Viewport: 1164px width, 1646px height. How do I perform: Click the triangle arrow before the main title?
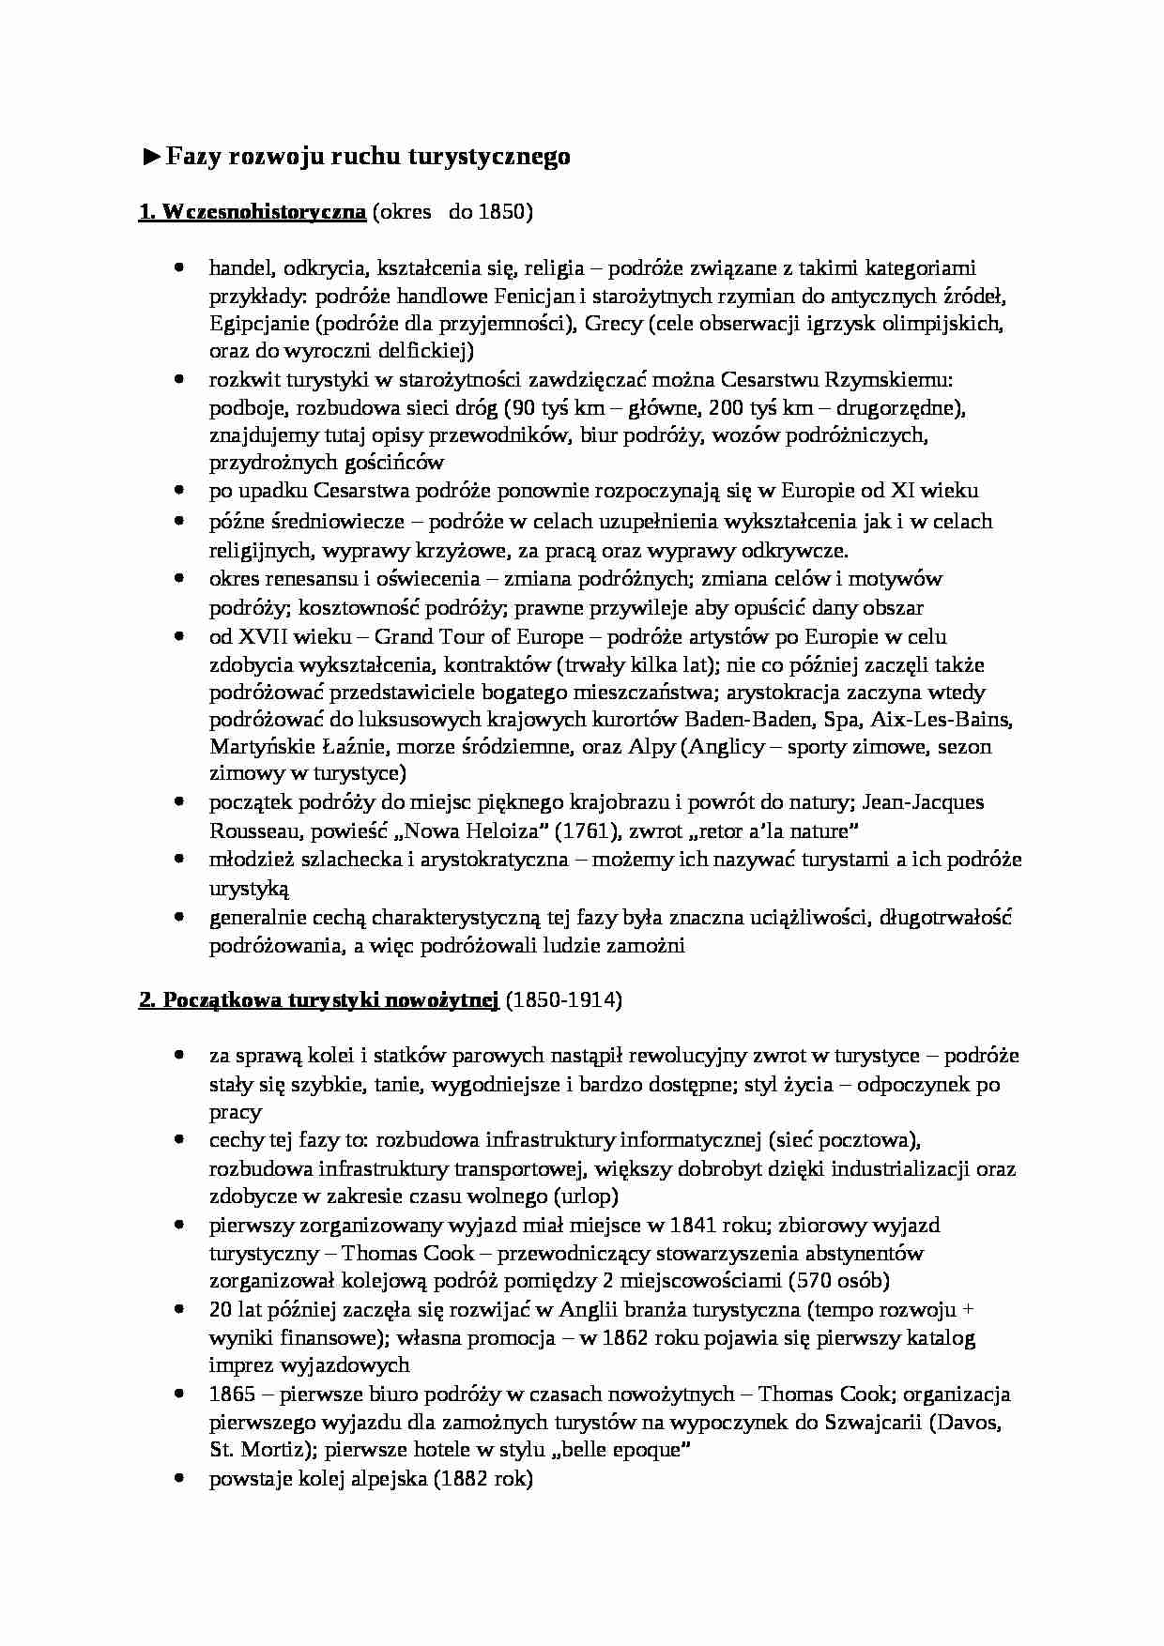pyautogui.click(x=151, y=157)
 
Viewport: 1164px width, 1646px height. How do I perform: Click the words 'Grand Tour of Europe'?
pyautogui.click(x=479, y=637)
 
